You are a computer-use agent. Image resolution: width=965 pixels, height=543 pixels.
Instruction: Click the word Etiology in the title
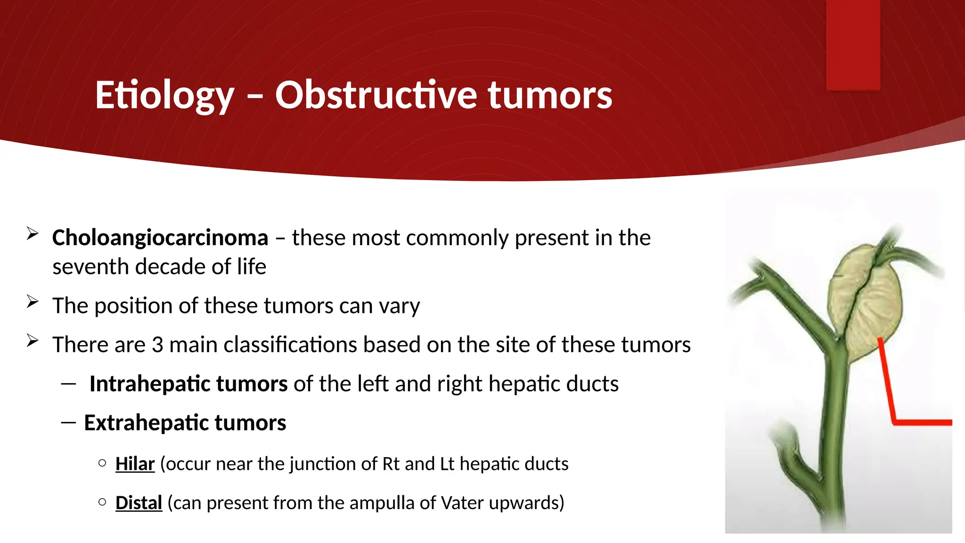pos(164,96)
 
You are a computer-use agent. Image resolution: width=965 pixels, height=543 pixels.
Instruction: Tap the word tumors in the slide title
pos(549,96)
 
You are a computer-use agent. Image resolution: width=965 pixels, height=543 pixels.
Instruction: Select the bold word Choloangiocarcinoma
pos(160,238)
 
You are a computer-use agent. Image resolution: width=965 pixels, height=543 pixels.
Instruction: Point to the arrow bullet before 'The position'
pos(32,302)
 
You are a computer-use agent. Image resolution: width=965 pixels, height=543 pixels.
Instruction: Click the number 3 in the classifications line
pos(157,345)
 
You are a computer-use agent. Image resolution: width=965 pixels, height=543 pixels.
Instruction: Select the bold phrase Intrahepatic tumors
pos(188,384)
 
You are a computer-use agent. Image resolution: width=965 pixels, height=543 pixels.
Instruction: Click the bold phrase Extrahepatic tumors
pos(185,423)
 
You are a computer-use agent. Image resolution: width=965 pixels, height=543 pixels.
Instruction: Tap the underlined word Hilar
pos(135,464)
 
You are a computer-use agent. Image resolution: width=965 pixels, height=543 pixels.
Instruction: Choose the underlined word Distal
pos(139,503)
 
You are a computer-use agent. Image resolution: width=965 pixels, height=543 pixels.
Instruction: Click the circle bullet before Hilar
pos(102,463)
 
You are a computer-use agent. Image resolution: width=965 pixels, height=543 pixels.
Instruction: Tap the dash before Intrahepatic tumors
pos(69,384)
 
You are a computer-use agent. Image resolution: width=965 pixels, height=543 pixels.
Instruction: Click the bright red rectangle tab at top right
pos(853,45)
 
